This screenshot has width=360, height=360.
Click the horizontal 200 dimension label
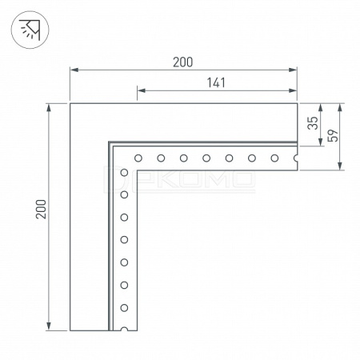(x=182, y=62)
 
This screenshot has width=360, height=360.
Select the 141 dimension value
(x=216, y=82)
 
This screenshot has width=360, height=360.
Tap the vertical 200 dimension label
(x=42, y=209)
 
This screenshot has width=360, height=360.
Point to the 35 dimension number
(x=313, y=123)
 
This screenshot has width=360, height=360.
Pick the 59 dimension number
(x=332, y=135)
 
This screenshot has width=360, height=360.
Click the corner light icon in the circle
(x=30, y=30)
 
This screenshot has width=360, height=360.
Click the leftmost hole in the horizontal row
(x=138, y=158)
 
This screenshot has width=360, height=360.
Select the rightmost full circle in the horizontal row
(x=274, y=158)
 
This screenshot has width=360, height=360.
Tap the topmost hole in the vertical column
(x=124, y=172)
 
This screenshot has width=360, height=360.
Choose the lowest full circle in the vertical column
(x=124, y=308)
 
